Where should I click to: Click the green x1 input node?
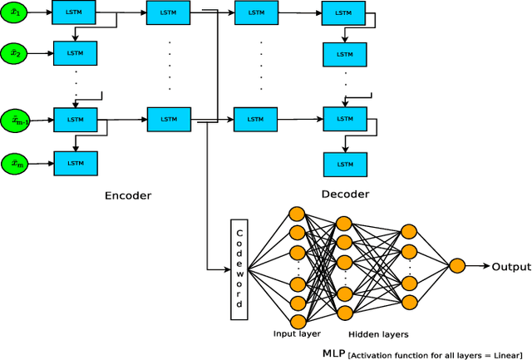tap(14, 12)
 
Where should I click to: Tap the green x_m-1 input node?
tap(16, 120)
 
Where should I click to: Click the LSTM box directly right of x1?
tap(76, 12)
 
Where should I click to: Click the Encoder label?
tap(128, 196)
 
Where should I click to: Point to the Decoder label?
tap(345, 195)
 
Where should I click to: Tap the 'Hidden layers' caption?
tap(379, 334)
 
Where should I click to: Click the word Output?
tap(510, 267)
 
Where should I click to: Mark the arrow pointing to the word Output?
tap(479, 267)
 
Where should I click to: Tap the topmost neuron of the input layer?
tap(297, 212)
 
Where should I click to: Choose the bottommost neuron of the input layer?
tap(297, 321)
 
